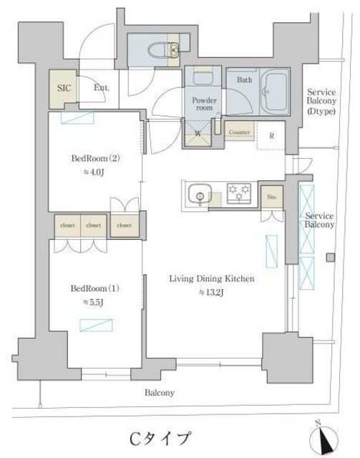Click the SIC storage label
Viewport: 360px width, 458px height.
point(64,88)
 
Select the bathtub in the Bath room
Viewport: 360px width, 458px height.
point(274,92)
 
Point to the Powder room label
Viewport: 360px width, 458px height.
point(204,104)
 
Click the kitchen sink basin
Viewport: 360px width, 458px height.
point(200,193)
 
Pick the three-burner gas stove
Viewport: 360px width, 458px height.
point(239,193)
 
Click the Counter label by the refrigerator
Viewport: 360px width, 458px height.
point(239,132)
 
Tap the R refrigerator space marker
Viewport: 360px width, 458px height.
point(272,136)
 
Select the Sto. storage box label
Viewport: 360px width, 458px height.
point(272,198)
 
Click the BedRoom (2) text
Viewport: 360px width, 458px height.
point(96,159)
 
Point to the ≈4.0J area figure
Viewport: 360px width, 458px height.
point(94,173)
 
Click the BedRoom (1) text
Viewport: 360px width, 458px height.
point(95,288)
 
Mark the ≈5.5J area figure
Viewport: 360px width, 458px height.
point(93,303)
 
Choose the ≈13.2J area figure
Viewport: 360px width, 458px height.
point(211,293)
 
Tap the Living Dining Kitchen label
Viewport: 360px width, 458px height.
point(212,278)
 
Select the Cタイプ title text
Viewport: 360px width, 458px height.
point(160,439)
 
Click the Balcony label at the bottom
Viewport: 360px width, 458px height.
point(160,393)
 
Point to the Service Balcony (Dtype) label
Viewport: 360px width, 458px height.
point(321,102)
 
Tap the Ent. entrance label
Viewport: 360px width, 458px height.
point(102,87)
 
